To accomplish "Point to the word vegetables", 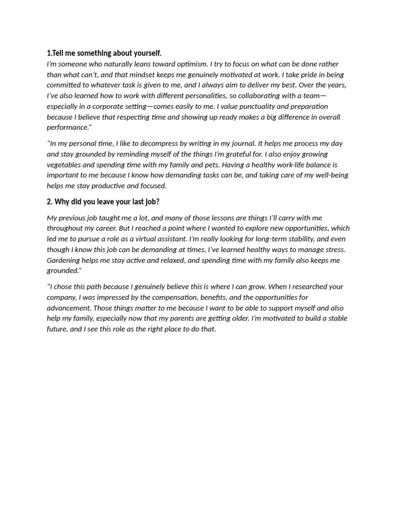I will click(x=64, y=164).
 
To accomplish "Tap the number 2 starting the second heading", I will click(x=49, y=202).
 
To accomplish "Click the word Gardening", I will click(x=64, y=260).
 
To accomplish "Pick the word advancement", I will click(x=68, y=308).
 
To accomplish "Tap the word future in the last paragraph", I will click(x=56, y=329).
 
